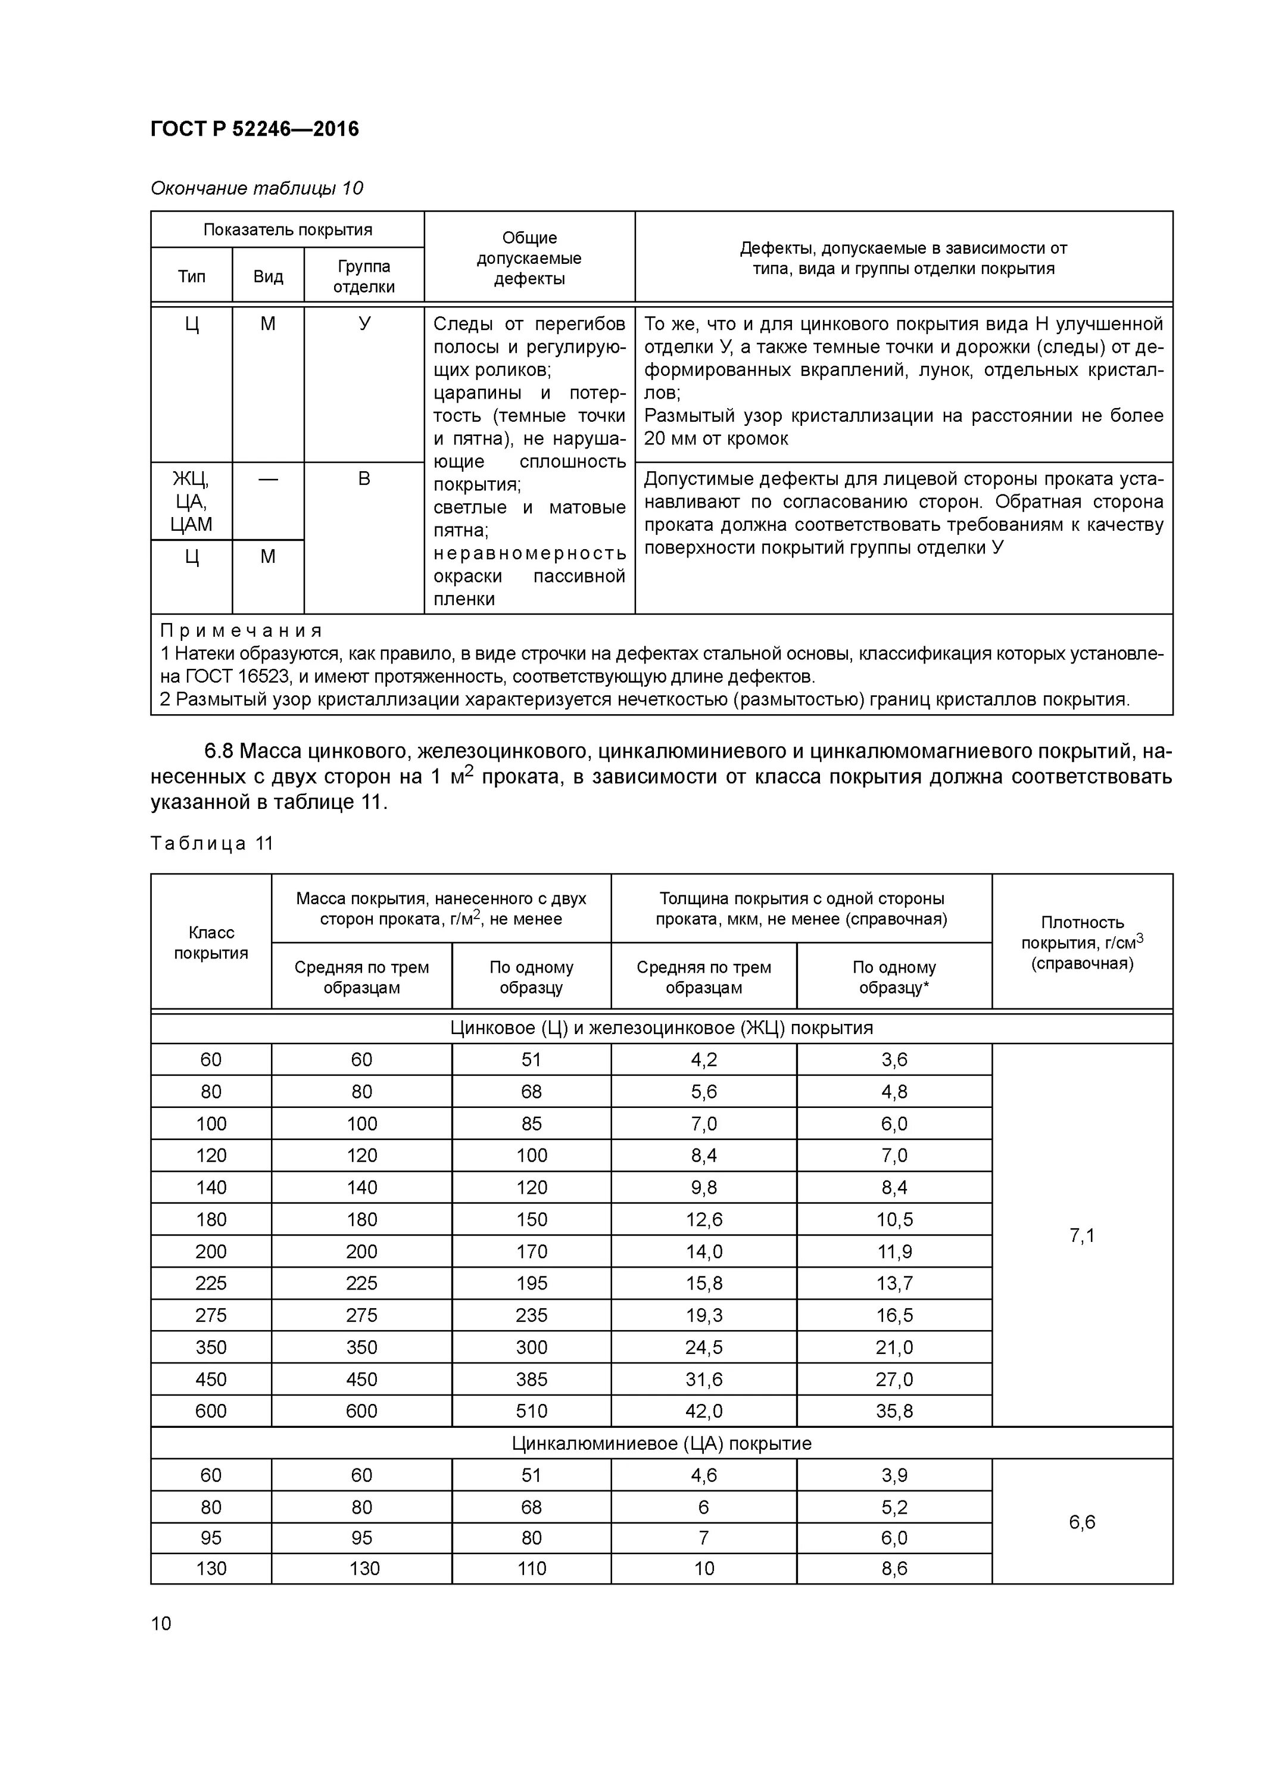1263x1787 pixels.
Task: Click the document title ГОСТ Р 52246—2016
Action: click(254, 129)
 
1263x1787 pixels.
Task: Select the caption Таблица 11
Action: click(211, 843)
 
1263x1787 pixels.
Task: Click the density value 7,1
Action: click(1082, 1235)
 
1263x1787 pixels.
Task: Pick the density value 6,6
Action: click(1082, 1521)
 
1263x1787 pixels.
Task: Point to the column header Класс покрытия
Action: click(211, 942)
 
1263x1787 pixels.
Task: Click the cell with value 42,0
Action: click(703, 1411)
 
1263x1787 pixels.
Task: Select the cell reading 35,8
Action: click(894, 1411)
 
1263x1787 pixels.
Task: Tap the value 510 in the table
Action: click(532, 1411)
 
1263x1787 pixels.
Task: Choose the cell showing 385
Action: click(532, 1379)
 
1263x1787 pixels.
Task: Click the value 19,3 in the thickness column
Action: click(703, 1315)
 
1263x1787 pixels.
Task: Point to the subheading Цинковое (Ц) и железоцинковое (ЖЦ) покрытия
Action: click(662, 1028)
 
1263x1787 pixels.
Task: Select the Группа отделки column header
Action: click(363, 276)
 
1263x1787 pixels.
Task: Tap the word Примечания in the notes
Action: click(241, 630)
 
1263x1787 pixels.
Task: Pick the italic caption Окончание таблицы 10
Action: click(257, 188)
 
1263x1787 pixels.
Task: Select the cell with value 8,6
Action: click(894, 1568)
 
